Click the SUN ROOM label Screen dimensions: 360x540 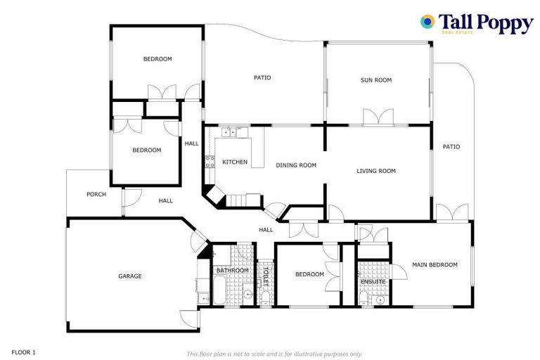click(x=376, y=80)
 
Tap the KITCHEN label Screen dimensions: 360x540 click(x=235, y=162)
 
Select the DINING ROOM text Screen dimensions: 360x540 click(x=296, y=165)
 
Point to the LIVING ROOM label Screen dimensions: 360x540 click(x=376, y=171)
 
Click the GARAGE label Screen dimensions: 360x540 click(x=129, y=276)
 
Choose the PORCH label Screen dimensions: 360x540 click(x=96, y=194)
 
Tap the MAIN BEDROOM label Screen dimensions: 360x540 click(x=435, y=265)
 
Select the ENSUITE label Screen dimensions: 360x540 click(x=373, y=282)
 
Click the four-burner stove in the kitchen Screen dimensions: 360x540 click(x=210, y=163)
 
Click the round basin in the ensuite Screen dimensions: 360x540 click(x=380, y=299)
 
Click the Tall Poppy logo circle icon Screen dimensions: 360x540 click(x=427, y=22)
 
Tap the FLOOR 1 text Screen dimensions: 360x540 click(x=23, y=351)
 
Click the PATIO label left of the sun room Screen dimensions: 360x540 click(x=262, y=78)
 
